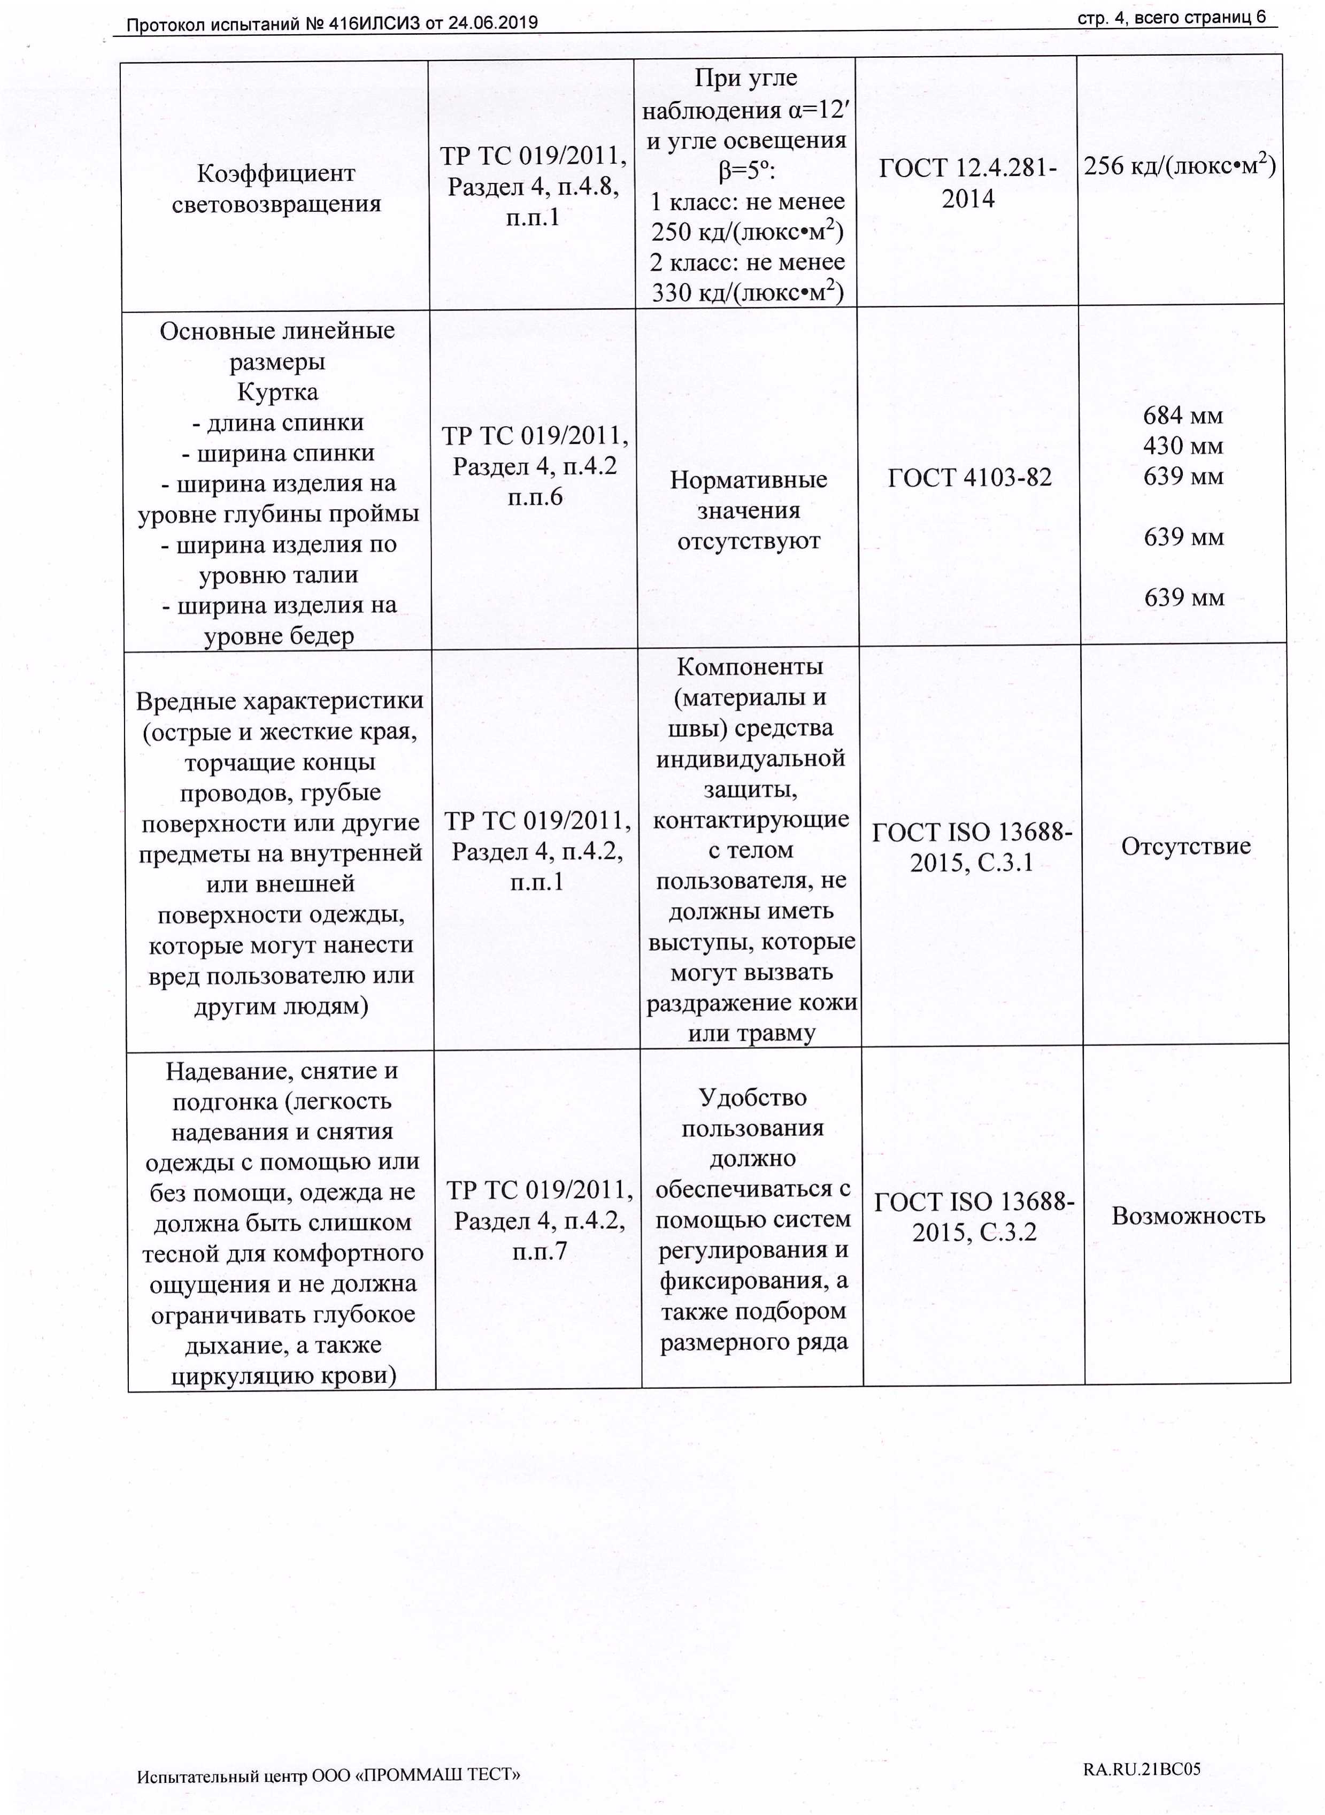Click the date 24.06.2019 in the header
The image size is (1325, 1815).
point(492,23)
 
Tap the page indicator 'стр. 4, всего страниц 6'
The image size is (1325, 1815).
point(1171,18)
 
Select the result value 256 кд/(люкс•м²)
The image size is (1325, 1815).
point(1179,166)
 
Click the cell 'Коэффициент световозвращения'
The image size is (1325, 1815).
point(276,188)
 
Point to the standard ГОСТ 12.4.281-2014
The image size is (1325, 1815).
point(967,183)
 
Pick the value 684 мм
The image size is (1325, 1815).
point(1182,416)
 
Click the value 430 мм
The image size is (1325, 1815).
point(1182,446)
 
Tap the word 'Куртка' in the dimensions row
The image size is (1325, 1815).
point(278,392)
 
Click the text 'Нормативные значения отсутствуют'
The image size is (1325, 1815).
point(749,510)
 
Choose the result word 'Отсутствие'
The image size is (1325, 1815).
point(1185,846)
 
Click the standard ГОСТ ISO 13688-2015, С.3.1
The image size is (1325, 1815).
point(971,847)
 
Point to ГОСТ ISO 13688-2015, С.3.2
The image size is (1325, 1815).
point(974,1216)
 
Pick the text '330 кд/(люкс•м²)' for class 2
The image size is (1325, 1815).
point(746,293)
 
